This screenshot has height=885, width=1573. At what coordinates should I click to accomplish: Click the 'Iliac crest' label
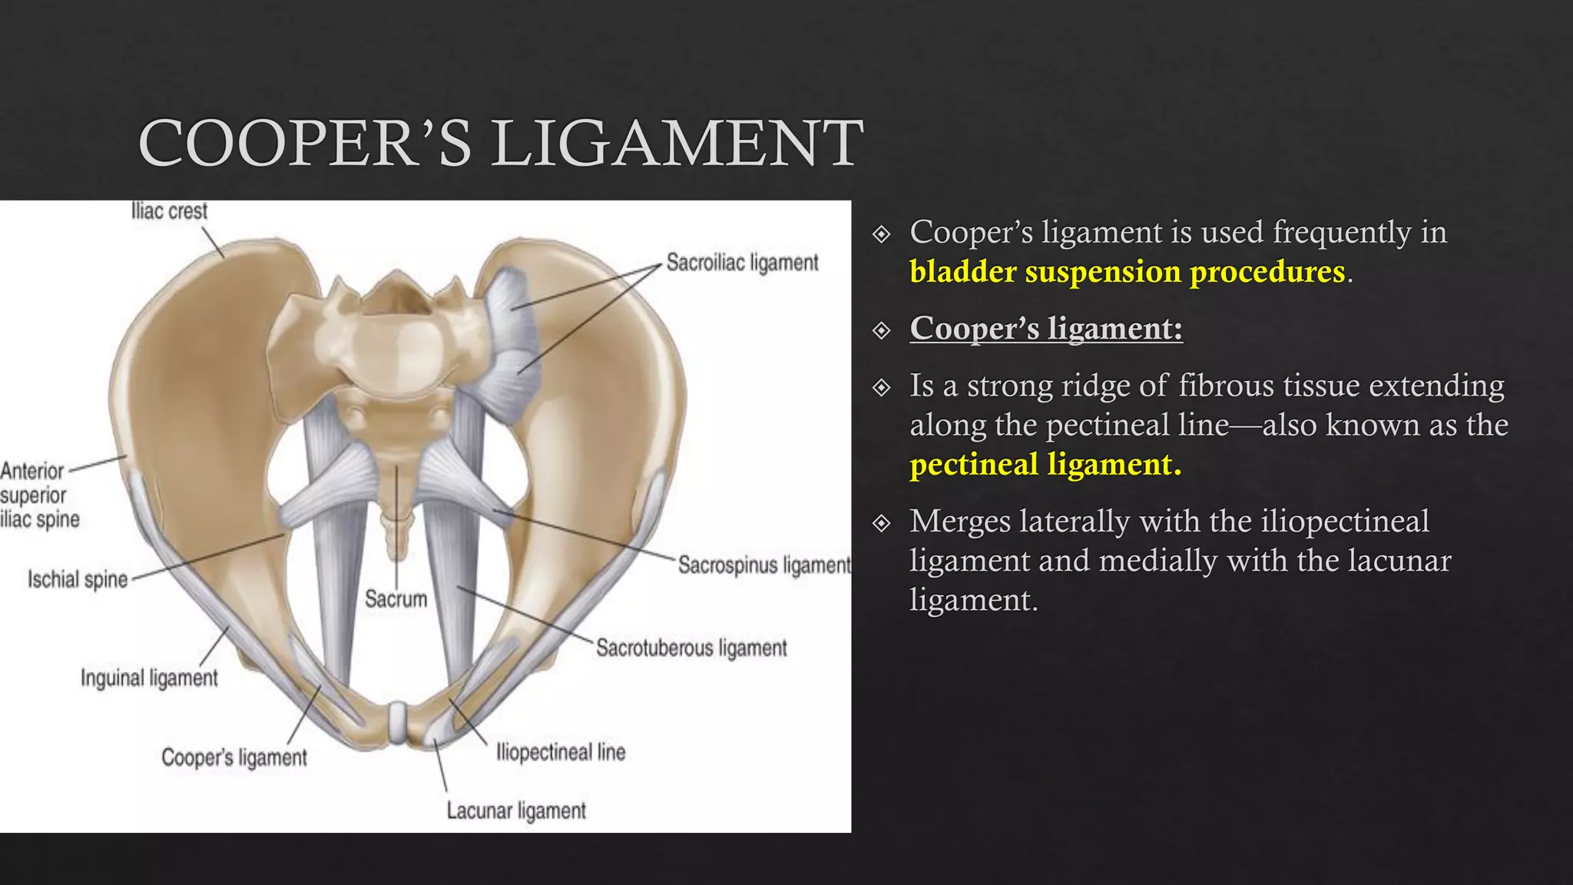(169, 211)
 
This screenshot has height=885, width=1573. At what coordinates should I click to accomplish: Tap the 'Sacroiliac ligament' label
(742, 263)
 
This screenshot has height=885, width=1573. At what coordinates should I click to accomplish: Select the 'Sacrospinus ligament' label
(764, 565)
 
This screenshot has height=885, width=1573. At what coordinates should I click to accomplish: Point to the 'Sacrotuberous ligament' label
(691, 648)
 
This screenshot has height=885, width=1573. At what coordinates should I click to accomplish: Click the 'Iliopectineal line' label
(561, 752)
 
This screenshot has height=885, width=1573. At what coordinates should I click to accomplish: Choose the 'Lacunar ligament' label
(516, 810)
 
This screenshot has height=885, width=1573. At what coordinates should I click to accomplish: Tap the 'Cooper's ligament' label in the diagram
(233, 757)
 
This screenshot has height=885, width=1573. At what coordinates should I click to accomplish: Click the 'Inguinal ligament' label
(149, 678)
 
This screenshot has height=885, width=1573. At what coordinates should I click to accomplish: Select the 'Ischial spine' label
(78, 579)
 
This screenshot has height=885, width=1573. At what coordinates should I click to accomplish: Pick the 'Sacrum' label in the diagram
(396, 598)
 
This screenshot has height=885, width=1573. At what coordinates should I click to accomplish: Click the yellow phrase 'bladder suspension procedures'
(1127, 272)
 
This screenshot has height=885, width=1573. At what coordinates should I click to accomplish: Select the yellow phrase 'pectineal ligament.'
(1045, 465)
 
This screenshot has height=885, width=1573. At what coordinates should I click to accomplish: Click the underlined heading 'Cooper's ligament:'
(1046, 329)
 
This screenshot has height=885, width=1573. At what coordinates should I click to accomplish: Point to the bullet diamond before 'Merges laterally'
(882, 523)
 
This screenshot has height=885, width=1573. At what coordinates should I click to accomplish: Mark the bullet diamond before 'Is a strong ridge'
(882, 387)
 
